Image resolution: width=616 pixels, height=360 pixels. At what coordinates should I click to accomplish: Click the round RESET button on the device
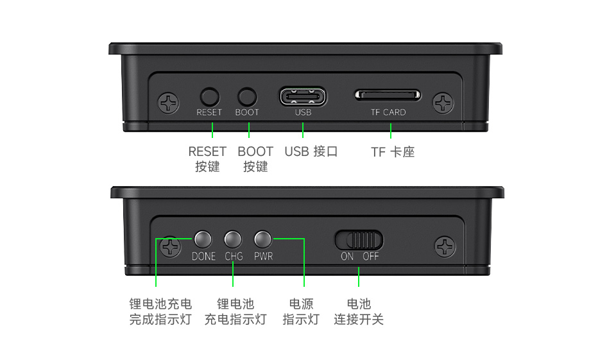pyautogui.click(x=210, y=97)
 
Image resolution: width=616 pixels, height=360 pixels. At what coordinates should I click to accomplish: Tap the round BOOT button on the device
pyautogui.click(x=247, y=97)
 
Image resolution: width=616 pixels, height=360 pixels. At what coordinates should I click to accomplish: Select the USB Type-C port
pyautogui.click(x=303, y=97)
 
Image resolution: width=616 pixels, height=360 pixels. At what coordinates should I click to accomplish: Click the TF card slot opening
pyautogui.click(x=388, y=95)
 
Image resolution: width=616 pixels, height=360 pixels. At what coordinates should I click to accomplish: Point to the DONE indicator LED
pyautogui.click(x=203, y=239)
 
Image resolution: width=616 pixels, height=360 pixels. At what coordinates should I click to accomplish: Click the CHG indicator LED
pyautogui.click(x=233, y=239)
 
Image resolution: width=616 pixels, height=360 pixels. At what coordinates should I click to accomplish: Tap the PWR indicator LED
pyautogui.click(x=263, y=239)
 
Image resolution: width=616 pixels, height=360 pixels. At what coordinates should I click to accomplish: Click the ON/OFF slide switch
pyautogui.click(x=359, y=240)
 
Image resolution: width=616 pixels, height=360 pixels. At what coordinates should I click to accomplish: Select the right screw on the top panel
pyautogui.click(x=443, y=103)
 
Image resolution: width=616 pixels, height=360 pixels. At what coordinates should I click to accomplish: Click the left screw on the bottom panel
pyautogui.click(x=170, y=246)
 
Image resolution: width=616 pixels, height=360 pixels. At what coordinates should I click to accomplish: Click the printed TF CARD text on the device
pyautogui.click(x=388, y=112)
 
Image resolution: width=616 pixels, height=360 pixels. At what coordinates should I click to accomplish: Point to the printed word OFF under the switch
pyautogui.click(x=371, y=256)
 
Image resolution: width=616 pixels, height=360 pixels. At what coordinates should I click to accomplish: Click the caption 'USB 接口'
pyautogui.click(x=311, y=152)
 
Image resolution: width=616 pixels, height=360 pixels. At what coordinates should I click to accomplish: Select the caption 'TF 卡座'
pyautogui.click(x=393, y=152)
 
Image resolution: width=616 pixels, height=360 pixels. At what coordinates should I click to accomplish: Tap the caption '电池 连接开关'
pyautogui.click(x=359, y=311)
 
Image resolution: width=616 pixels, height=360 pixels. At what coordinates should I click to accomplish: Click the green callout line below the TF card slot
pyautogui.click(x=390, y=130)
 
